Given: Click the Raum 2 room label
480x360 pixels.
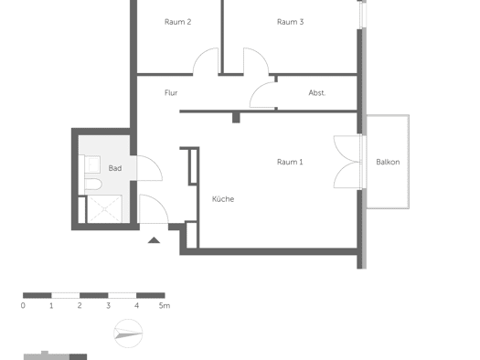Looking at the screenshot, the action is [178, 22].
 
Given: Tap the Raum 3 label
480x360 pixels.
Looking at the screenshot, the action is [290, 22].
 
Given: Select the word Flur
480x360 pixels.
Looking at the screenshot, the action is [171, 92].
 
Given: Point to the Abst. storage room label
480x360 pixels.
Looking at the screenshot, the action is [317, 92].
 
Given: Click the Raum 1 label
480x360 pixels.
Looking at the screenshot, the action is [290, 162].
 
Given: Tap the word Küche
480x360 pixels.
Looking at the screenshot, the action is [223, 199].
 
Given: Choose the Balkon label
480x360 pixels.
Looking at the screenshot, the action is [388, 162].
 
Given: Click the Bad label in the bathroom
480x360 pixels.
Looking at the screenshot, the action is [115, 168].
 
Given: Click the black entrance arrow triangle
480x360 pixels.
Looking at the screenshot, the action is [154, 240].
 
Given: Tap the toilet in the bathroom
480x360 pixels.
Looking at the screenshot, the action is [93, 185].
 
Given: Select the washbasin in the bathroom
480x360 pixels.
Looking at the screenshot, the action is [92, 164].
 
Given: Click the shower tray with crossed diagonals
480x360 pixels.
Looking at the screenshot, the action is [105, 208].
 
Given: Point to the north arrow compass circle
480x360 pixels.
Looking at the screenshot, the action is [128, 334].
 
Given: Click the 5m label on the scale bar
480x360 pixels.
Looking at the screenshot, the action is [165, 305].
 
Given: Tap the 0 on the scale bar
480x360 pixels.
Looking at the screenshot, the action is [23, 305].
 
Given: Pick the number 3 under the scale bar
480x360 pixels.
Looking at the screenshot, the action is [108, 305].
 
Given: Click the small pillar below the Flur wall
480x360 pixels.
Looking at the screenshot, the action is [236, 118].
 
